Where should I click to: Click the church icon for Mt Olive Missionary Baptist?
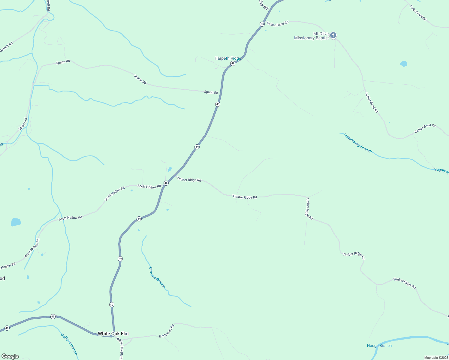click(x=333, y=35)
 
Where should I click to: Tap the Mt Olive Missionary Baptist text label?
click(x=312, y=36)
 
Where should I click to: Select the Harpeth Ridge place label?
click(x=228, y=58)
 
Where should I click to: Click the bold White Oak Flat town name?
click(x=113, y=334)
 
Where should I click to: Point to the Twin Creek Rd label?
click(x=418, y=13)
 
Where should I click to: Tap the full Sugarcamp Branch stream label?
click(x=357, y=143)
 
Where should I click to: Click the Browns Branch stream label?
click(x=157, y=277)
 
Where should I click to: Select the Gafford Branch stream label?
click(x=69, y=344)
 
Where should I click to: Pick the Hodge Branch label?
click(x=379, y=346)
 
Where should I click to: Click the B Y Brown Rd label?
click(x=167, y=331)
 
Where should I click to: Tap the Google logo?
click(x=10, y=356)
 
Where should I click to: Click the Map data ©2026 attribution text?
click(x=436, y=358)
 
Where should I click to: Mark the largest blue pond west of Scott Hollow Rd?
click(x=16, y=222)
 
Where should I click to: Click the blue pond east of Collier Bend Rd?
click(x=404, y=64)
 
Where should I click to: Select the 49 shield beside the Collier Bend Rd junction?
click(x=262, y=24)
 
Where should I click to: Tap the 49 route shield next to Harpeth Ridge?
click(x=233, y=63)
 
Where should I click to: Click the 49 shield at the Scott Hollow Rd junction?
click(x=166, y=183)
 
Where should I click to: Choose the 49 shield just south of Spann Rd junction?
click(x=218, y=104)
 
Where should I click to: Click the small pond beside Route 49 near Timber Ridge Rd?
click(x=170, y=169)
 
